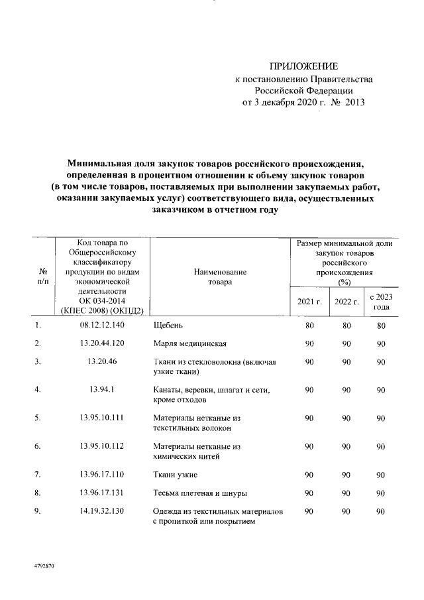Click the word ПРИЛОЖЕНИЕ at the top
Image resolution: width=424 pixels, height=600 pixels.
click(x=304, y=66)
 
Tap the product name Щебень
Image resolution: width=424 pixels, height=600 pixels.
click(x=168, y=326)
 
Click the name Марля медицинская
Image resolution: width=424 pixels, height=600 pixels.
click(x=190, y=343)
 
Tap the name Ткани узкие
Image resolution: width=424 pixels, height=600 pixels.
click(x=174, y=475)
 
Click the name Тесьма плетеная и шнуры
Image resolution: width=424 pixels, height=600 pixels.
click(x=200, y=493)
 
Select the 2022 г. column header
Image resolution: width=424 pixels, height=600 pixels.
click(x=346, y=302)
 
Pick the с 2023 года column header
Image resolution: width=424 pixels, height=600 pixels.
click(x=381, y=302)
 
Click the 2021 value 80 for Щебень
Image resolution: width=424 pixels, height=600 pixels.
click(x=309, y=326)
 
